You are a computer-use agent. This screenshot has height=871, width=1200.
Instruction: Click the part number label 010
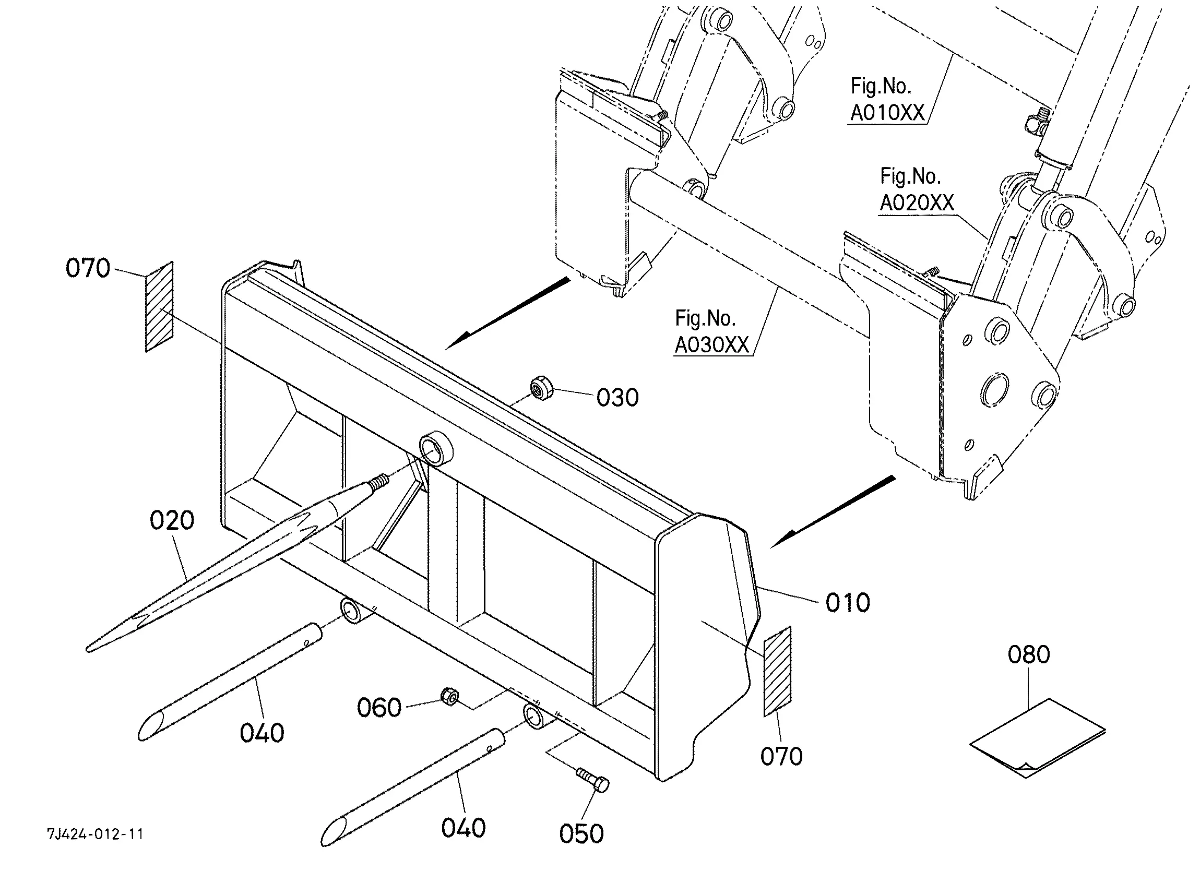pos(848,603)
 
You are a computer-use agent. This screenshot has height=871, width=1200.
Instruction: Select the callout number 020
pos(172,521)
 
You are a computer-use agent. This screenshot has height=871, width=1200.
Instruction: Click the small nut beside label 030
pos(541,388)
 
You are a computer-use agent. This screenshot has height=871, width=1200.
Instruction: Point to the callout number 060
pos(379,708)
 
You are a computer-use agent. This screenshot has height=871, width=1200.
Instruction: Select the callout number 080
pos(1029,655)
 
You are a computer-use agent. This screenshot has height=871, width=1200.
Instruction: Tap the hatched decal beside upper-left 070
pos(159,306)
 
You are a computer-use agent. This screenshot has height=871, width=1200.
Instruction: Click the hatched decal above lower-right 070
pos(777,672)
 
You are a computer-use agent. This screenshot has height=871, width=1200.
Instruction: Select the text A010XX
pos(887,113)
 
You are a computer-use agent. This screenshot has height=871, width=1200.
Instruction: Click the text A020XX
pos(917,202)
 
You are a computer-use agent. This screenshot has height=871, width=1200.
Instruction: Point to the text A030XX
pos(712,345)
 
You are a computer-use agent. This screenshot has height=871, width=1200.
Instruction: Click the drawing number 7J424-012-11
pos(95,834)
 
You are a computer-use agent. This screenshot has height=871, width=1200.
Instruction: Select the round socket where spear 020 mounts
pos(436,447)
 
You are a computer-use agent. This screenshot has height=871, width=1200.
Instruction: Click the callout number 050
pos(581,834)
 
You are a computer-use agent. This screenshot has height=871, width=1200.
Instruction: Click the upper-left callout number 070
pos(88,268)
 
